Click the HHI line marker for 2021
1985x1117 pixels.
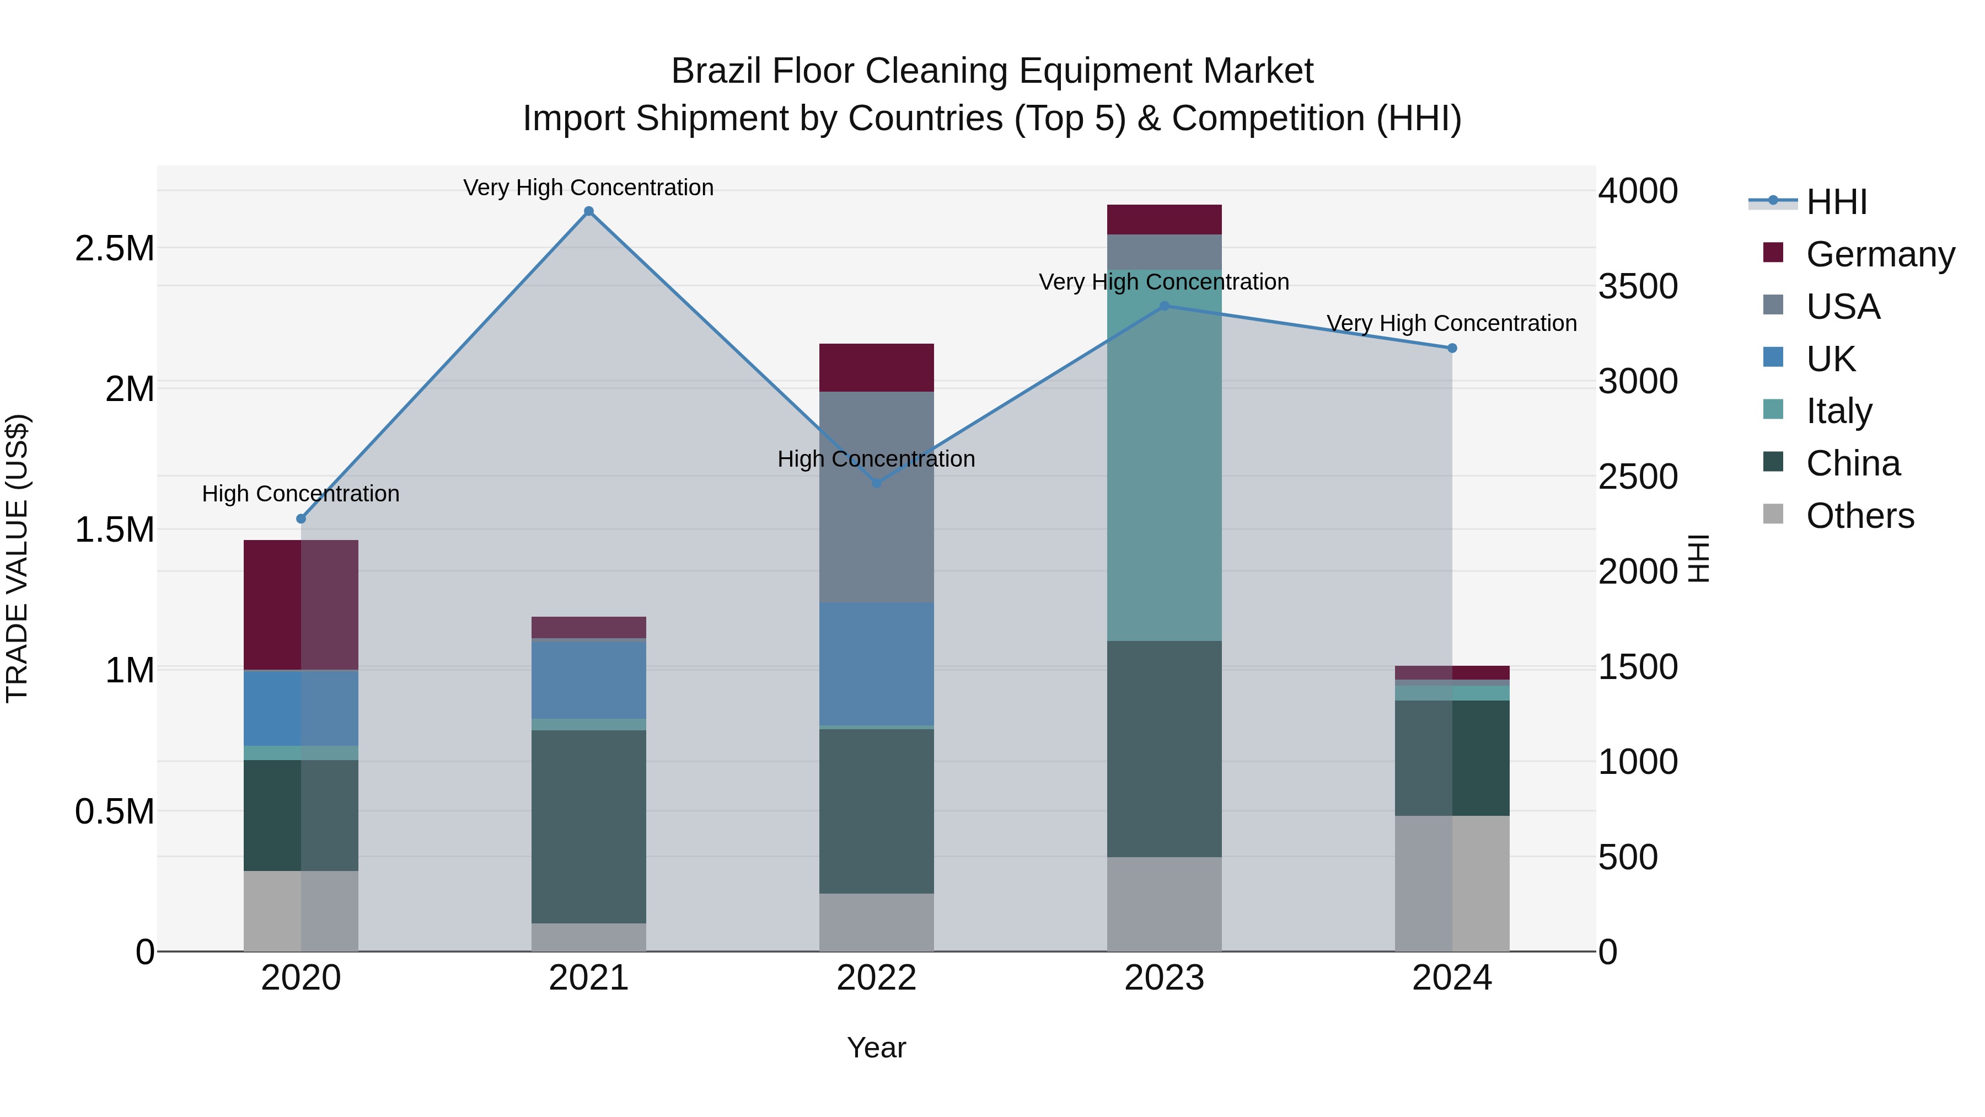pyautogui.click(x=589, y=211)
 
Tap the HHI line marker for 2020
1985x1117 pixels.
pyautogui.click(x=301, y=519)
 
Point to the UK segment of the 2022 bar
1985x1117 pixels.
pyautogui.click(x=876, y=663)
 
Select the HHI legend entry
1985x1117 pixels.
pyautogui.click(x=1836, y=202)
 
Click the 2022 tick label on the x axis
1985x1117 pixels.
pyautogui.click(x=876, y=978)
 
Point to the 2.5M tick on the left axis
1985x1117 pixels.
pyautogui.click(x=114, y=248)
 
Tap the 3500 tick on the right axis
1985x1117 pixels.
pyautogui.click(x=1638, y=286)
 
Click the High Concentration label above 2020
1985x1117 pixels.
pyautogui.click(x=301, y=493)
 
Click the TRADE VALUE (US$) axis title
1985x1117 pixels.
pyautogui.click(x=17, y=558)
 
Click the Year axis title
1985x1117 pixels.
pyautogui.click(x=876, y=1047)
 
